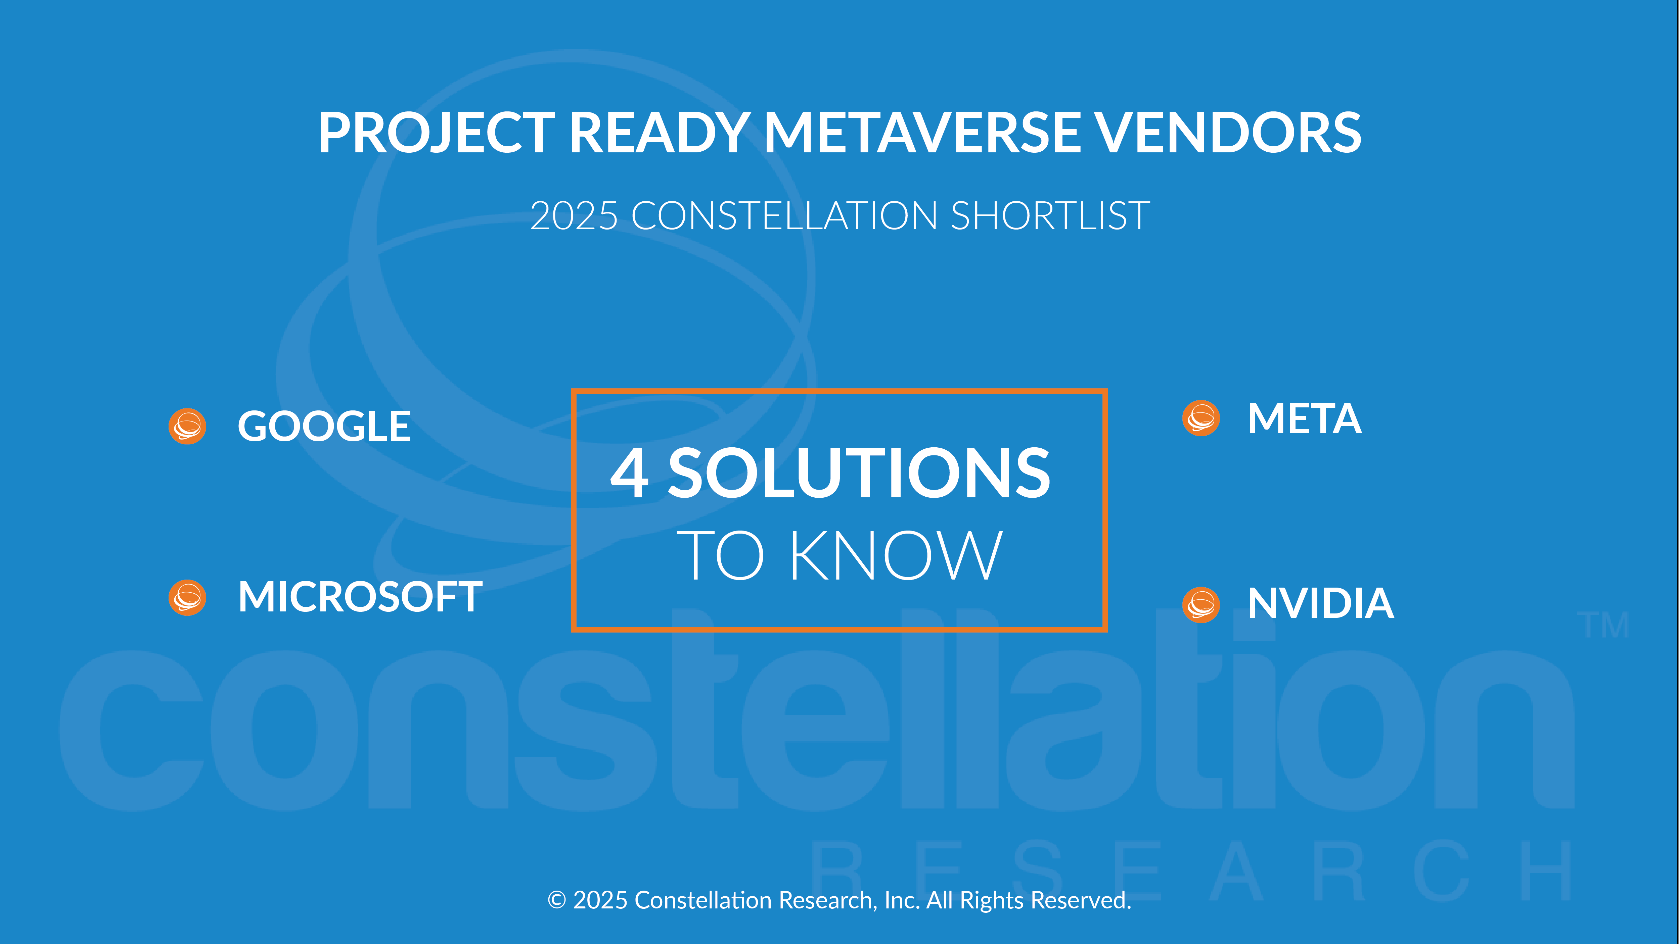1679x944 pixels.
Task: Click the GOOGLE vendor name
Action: click(324, 427)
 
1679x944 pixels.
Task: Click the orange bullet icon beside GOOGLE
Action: click(188, 427)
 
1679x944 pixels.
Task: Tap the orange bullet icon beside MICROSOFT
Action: click(188, 597)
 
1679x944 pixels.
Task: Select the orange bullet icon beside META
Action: click(1201, 418)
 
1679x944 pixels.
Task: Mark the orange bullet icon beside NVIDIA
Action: click(1201, 605)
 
